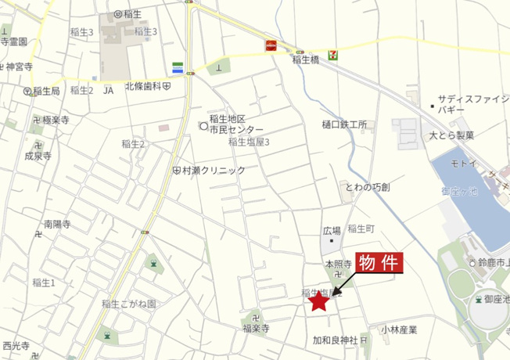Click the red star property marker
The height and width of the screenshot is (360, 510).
(318, 301)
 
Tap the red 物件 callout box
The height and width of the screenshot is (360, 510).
(379, 264)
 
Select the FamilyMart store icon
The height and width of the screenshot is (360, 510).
(179, 67)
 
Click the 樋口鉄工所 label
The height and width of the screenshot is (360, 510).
(344, 124)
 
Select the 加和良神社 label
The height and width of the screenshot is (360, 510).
(335, 340)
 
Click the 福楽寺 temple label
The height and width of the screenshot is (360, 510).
(256, 330)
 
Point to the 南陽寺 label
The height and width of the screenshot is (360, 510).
(57, 225)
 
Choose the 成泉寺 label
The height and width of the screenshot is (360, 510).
(38, 156)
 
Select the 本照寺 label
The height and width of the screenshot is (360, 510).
(338, 265)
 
